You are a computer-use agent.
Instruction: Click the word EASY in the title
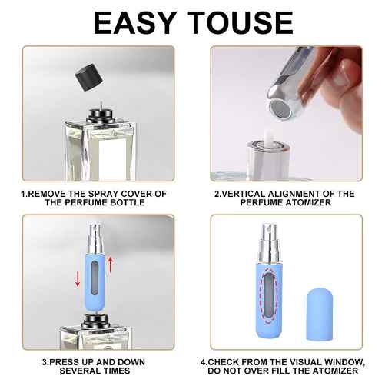[134, 22]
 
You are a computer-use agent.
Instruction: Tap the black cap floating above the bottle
[89, 76]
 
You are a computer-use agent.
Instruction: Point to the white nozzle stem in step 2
[268, 138]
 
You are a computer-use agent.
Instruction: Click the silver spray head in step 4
[268, 244]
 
